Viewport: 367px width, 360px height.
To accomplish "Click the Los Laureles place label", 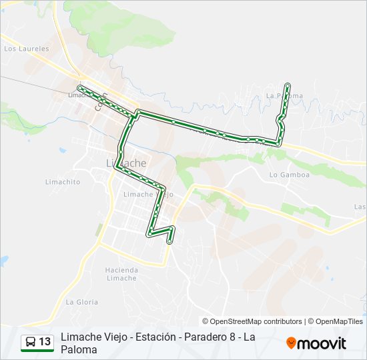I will point(27,49).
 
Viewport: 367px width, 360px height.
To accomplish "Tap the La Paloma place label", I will point(284,96).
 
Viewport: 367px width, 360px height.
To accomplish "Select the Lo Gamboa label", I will point(290,175).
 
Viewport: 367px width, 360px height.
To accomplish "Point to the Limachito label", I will point(62,181).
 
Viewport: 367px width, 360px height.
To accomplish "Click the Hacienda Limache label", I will point(121,273).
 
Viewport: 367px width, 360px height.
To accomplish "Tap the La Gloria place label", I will point(81,302).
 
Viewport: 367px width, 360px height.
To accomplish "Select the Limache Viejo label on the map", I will point(148,194).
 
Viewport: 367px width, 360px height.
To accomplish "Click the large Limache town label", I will point(126,163).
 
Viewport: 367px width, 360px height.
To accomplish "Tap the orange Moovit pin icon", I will point(291,343).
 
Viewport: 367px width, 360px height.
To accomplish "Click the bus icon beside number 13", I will point(30,342).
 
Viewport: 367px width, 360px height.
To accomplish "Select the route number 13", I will point(45,342).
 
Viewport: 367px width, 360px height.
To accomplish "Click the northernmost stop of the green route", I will point(288,85).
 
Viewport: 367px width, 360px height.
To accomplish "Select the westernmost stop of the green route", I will point(80,88).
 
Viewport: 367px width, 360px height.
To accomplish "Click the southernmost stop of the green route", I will point(171,241).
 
